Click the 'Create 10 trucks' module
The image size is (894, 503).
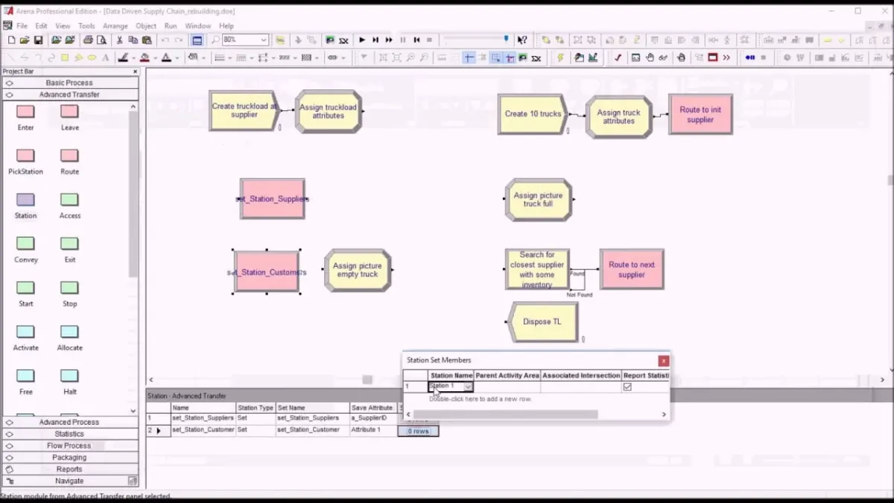coord(532,114)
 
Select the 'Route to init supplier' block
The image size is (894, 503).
coord(700,114)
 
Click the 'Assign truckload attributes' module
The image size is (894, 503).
coord(328,112)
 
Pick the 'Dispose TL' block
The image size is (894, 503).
coord(542,322)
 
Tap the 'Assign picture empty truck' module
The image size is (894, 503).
coord(358,270)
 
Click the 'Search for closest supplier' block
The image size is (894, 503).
coord(536,269)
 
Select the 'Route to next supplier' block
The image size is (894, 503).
coord(631,269)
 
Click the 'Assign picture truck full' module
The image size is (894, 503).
coord(538,200)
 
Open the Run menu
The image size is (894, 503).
coord(171,26)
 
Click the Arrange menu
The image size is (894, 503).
coord(115,26)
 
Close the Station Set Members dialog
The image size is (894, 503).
coord(663,361)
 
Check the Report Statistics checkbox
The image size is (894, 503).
coord(627,387)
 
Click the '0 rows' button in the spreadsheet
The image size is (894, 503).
coord(418,431)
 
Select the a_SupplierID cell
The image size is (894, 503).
coord(372,418)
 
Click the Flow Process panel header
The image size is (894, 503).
coord(69,446)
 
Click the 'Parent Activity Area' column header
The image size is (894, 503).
coord(507,376)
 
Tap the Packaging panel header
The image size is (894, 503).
coord(69,458)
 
